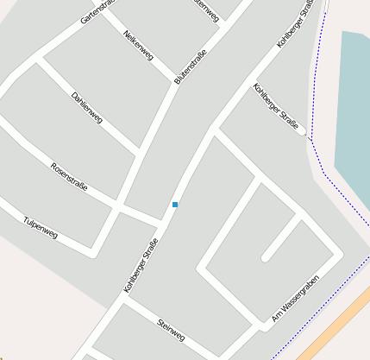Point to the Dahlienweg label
[x=86, y=106]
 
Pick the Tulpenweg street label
[x=41, y=227]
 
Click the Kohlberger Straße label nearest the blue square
[x=141, y=271]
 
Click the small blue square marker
[x=175, y=205]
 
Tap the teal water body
[x=354, y=112]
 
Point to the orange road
[x=336, y=328]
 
